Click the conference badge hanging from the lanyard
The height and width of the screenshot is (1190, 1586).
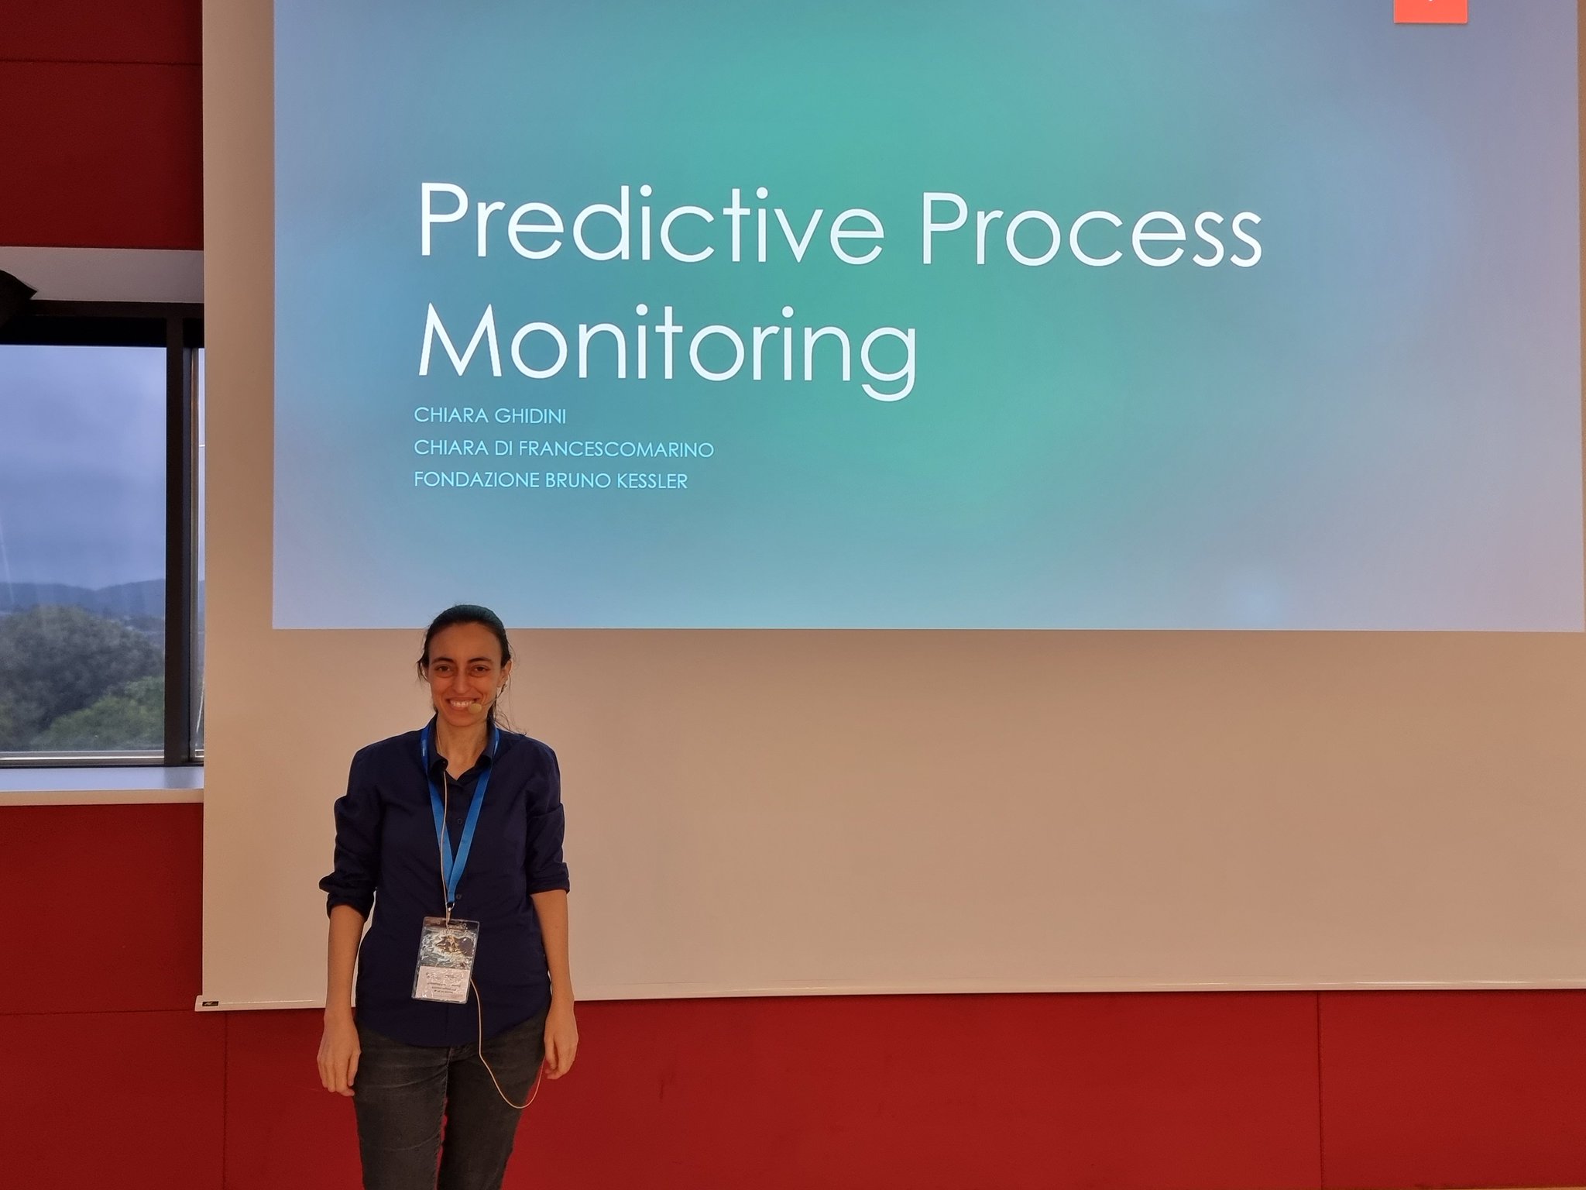click(x=445, y=959)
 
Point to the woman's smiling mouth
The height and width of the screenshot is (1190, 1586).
click(x=463, y=706)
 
